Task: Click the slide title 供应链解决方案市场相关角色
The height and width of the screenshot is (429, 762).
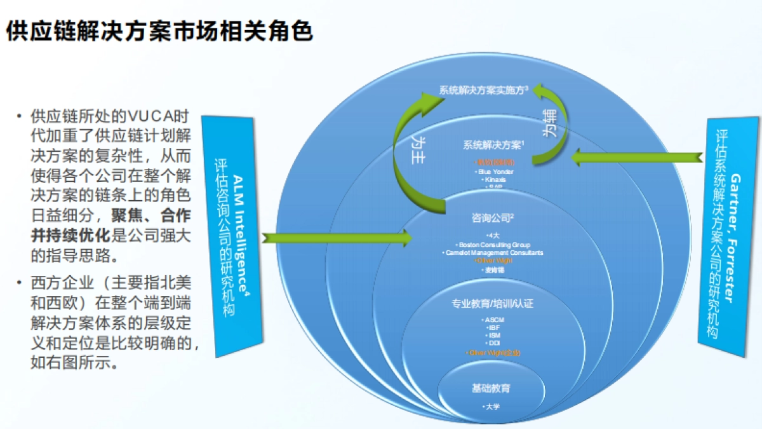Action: (159, 31)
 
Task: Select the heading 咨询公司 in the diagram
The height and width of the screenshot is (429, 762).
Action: (493, 218)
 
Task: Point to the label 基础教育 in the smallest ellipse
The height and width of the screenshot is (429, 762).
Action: (491, 388)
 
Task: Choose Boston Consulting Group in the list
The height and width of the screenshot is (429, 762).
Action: (493, 245)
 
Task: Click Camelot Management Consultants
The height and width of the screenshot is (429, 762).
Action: (493, 252)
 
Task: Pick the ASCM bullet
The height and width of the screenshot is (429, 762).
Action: (493, 319)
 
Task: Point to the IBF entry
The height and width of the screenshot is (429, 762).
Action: (493, 327)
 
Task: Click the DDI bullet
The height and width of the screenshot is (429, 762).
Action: (493, 343)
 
